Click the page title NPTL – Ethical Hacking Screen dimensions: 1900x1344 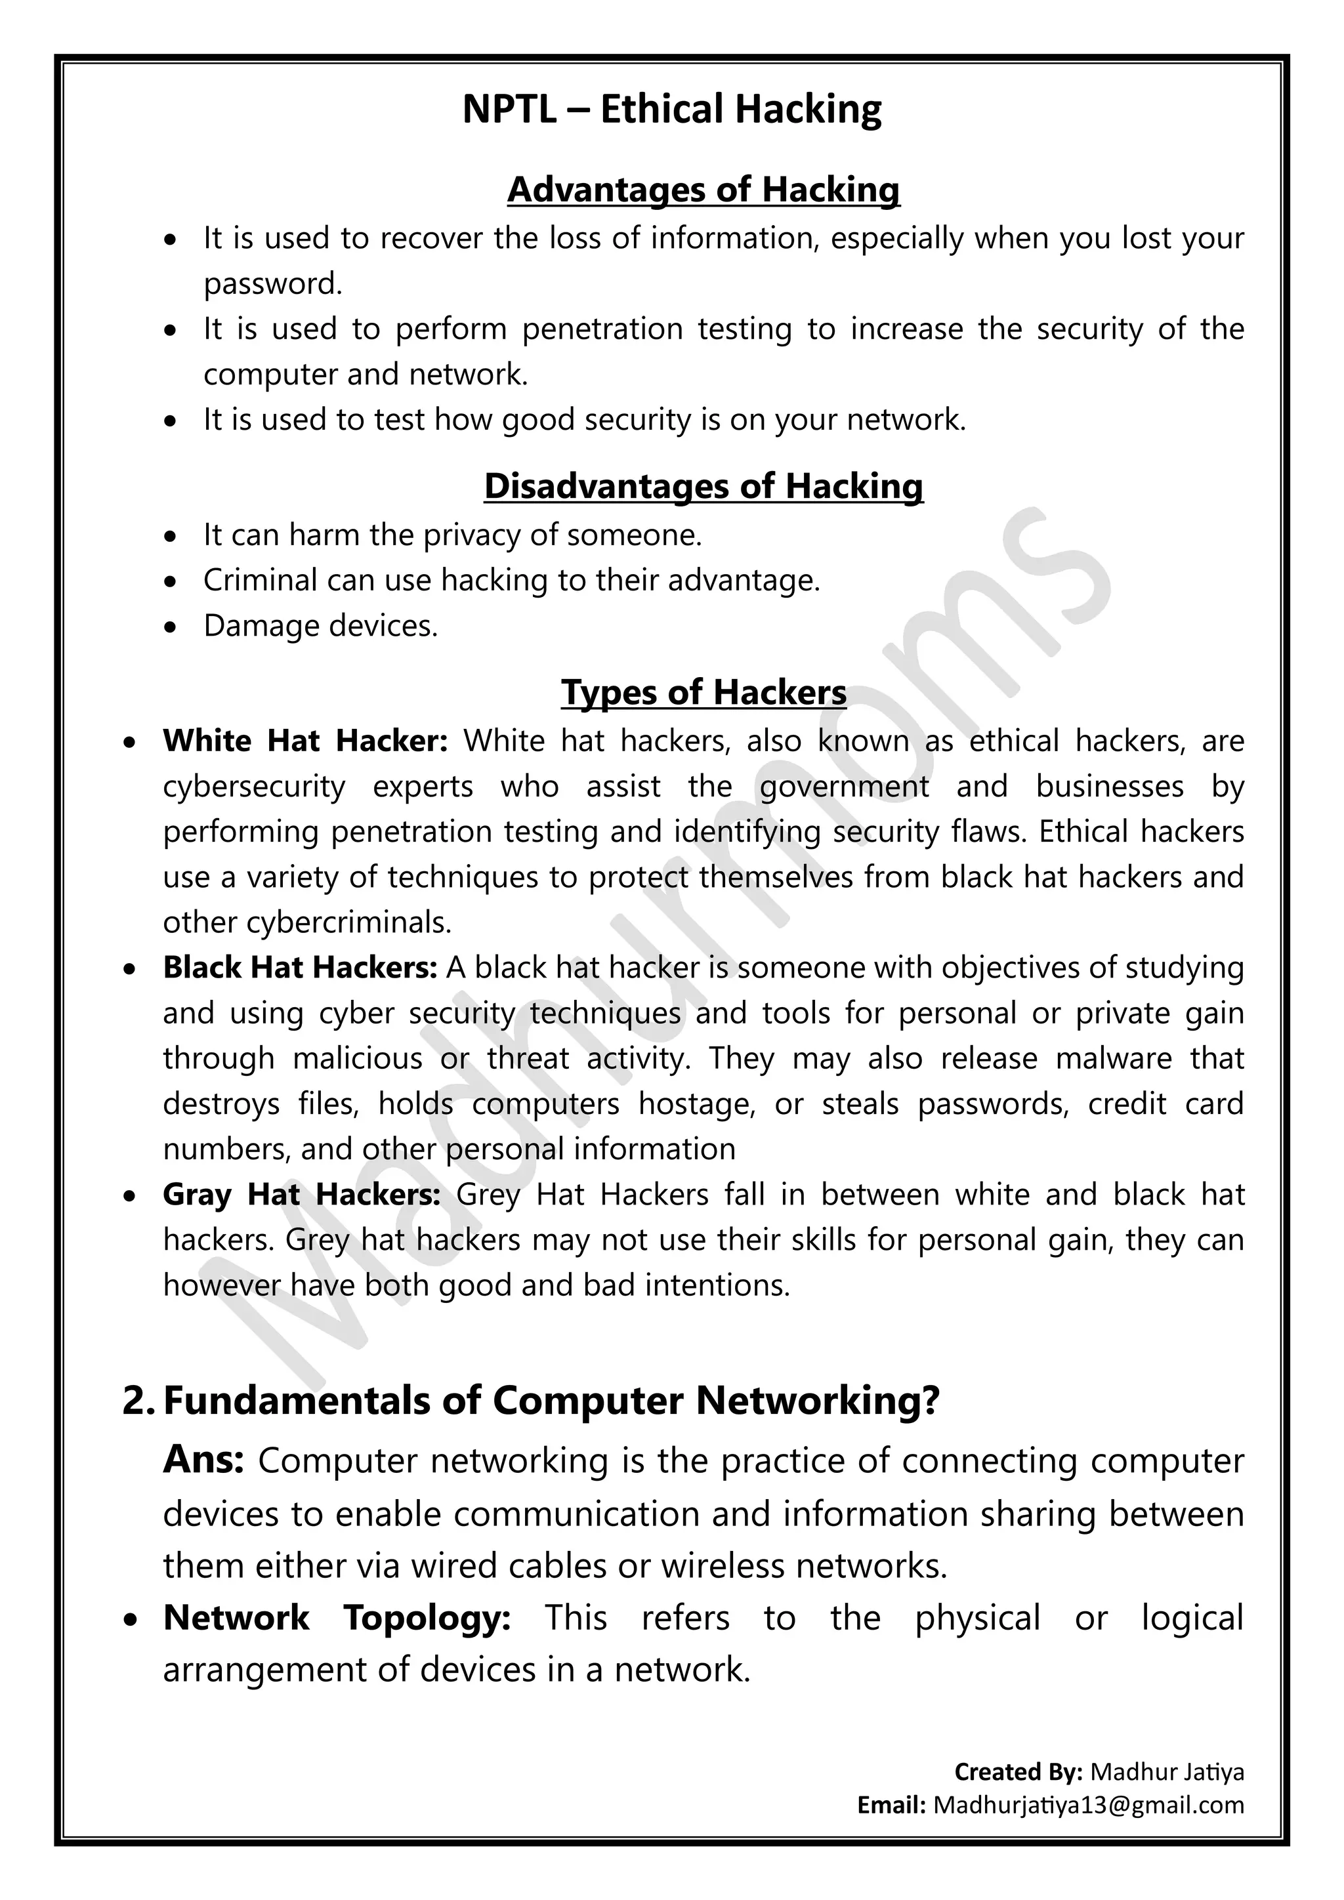(671, 109)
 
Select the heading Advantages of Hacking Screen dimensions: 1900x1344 (703, 189)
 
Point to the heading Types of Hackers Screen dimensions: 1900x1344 (703, 692)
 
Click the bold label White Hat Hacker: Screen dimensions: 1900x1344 (304, 741)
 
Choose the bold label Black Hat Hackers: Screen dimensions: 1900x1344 (300, 967)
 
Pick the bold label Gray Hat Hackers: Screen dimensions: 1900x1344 (301, 1194)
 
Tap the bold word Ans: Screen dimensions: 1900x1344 (203, 1459)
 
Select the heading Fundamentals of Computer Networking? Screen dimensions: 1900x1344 (551, 1401)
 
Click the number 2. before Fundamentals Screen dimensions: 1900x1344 (138, 1401)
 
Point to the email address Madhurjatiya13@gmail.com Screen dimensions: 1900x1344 (1088, 1805)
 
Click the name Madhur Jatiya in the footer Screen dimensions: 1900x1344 (1167, 1771)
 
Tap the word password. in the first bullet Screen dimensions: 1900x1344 (273, 284)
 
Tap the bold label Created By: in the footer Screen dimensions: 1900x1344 (1018, 1771)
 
